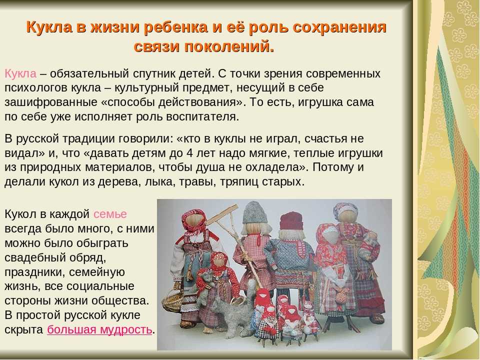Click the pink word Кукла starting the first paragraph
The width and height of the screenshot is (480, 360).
pyautogui.click(x=20, y=74)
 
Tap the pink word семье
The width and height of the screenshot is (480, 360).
pyautogui.click(x=110, y=214)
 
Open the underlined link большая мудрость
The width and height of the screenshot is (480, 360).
pyautogui.click(x=99, y=329)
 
